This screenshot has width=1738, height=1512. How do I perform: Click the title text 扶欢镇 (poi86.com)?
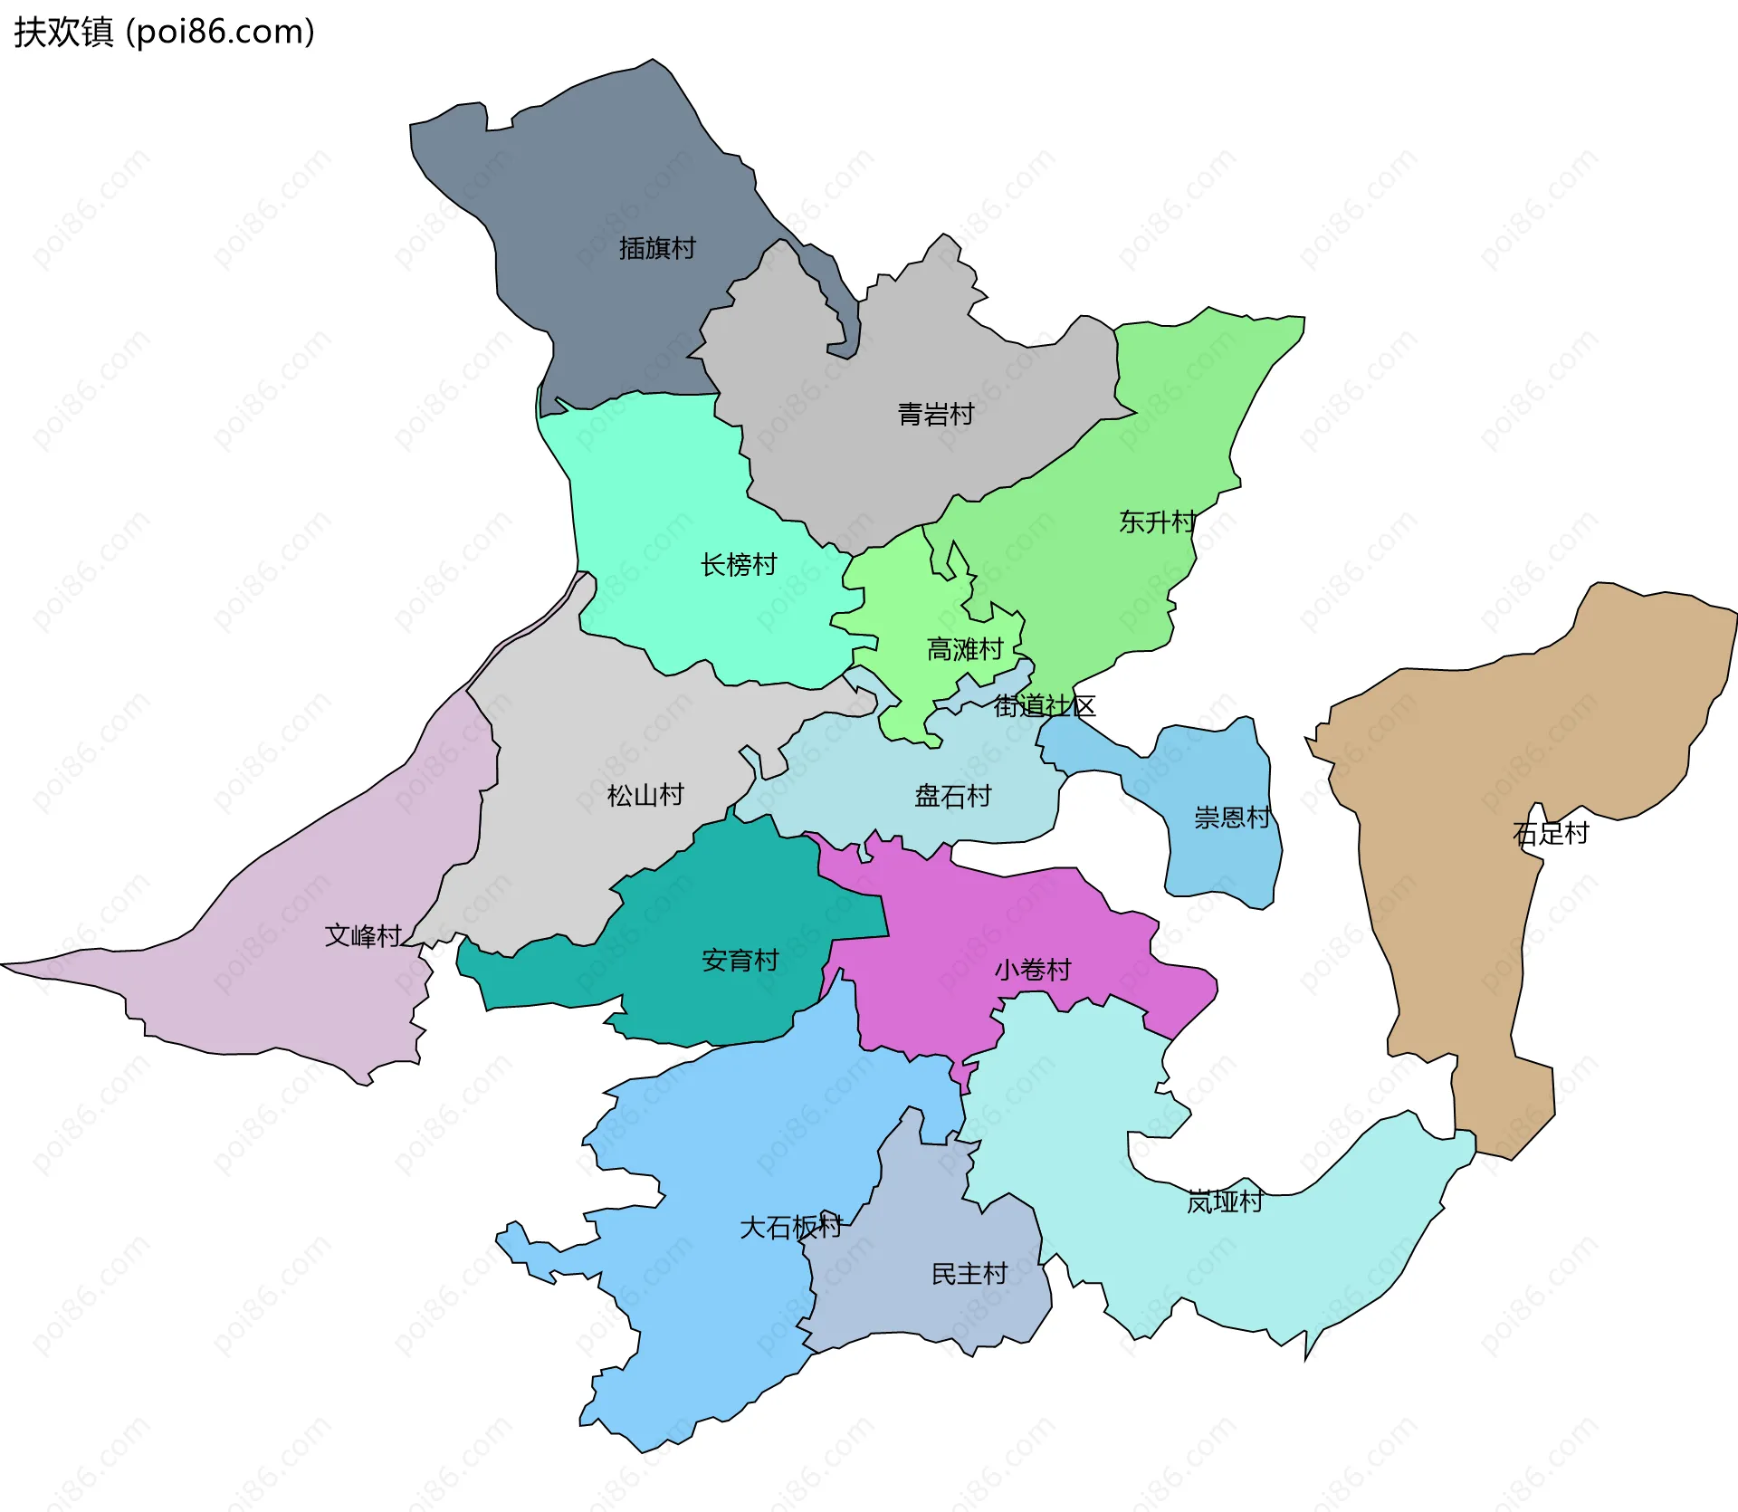coord(164,32)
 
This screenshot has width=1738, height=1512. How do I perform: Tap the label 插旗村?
coord(657,248)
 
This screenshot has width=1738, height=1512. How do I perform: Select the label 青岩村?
coord(936,415)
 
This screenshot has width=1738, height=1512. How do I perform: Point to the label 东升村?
coord(1158,522)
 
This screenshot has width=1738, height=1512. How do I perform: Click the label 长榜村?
coord(739,565)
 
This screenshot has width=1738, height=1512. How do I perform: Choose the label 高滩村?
coord(965,649)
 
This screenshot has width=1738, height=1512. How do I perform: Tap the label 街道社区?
coord(1045,706)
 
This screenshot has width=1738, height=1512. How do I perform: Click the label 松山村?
coord(645,796)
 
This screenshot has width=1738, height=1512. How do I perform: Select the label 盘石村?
coord(953,797)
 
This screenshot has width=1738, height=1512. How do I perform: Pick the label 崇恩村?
coord(1232,818)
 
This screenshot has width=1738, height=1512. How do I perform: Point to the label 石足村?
coord(1551,833)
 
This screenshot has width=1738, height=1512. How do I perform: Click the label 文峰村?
coord(363,935)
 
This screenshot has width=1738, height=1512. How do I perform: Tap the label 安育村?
coord(740,961)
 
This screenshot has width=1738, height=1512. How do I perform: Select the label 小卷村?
coord(1033,970)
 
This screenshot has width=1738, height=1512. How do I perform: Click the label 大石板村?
coord(791,1228)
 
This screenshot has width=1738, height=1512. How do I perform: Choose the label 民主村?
coord(969,1274)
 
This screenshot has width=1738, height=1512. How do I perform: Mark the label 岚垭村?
coord(1225,1202)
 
